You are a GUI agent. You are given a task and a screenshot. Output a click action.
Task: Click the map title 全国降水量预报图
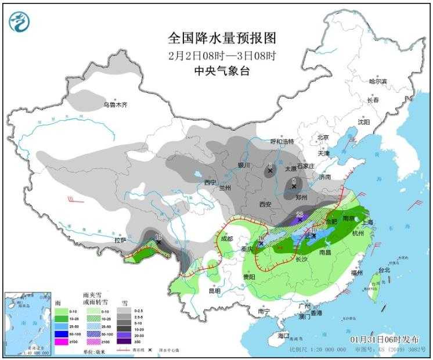(x=222, y=38)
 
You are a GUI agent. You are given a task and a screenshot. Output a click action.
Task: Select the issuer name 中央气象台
(x=222, y=70)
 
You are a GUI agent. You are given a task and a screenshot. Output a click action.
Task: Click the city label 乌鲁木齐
(x=115, y=105)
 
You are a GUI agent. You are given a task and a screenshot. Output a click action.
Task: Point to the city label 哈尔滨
(x=377, y=81)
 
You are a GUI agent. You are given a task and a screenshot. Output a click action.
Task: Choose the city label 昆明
(x=215, y=290)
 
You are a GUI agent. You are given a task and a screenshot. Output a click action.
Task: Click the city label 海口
(x=283, y=336)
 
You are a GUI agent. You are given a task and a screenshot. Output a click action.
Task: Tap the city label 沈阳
(x=363, y=122)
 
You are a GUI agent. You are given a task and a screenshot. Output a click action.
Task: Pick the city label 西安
(x=266, y=204)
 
